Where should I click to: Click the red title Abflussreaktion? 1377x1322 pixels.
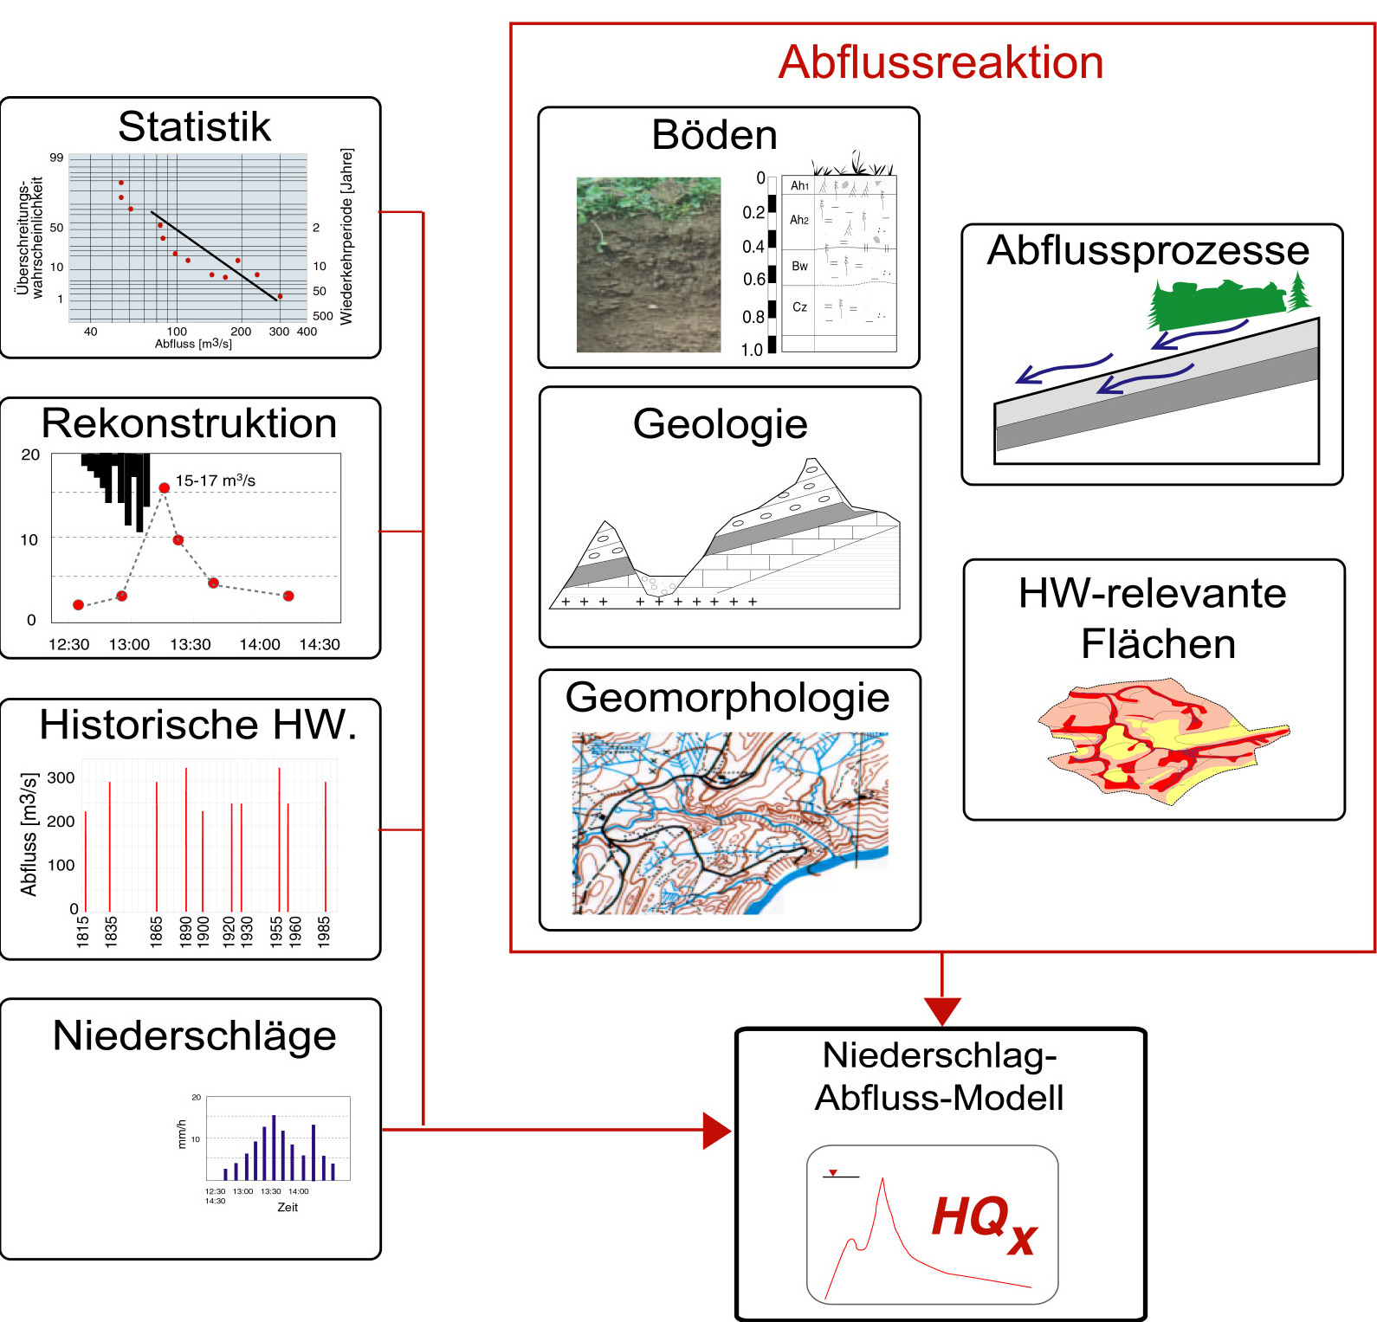coord(941,62)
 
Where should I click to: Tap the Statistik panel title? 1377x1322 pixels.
coord(194,126)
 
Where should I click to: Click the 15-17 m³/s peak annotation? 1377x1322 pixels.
coord(215,480)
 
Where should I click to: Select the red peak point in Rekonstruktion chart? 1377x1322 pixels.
coord(164,488)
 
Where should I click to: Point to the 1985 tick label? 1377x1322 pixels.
coord(324,932)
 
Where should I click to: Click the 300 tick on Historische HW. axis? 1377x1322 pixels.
coord(61,777)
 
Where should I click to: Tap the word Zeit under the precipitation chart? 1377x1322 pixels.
coord(288,1207)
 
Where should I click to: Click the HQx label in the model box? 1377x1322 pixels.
coord(984,1222)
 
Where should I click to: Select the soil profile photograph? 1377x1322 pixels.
coord(649,265)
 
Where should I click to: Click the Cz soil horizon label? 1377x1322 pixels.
coord(799,307)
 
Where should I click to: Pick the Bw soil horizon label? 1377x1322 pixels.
coord(799,266)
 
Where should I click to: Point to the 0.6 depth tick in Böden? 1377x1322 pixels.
coord(753,280)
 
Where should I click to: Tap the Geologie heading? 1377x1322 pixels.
coord(720,424)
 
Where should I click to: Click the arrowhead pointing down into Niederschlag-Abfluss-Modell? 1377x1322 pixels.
coord(941,1011)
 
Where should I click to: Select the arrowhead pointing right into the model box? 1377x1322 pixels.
coord(716,1130)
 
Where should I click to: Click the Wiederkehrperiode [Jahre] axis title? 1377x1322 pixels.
coord(346,235)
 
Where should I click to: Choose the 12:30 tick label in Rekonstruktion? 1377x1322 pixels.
coord(68,644)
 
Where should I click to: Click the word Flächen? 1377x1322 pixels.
coord(1158,644)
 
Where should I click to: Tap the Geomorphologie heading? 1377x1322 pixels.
coord(727,698)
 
